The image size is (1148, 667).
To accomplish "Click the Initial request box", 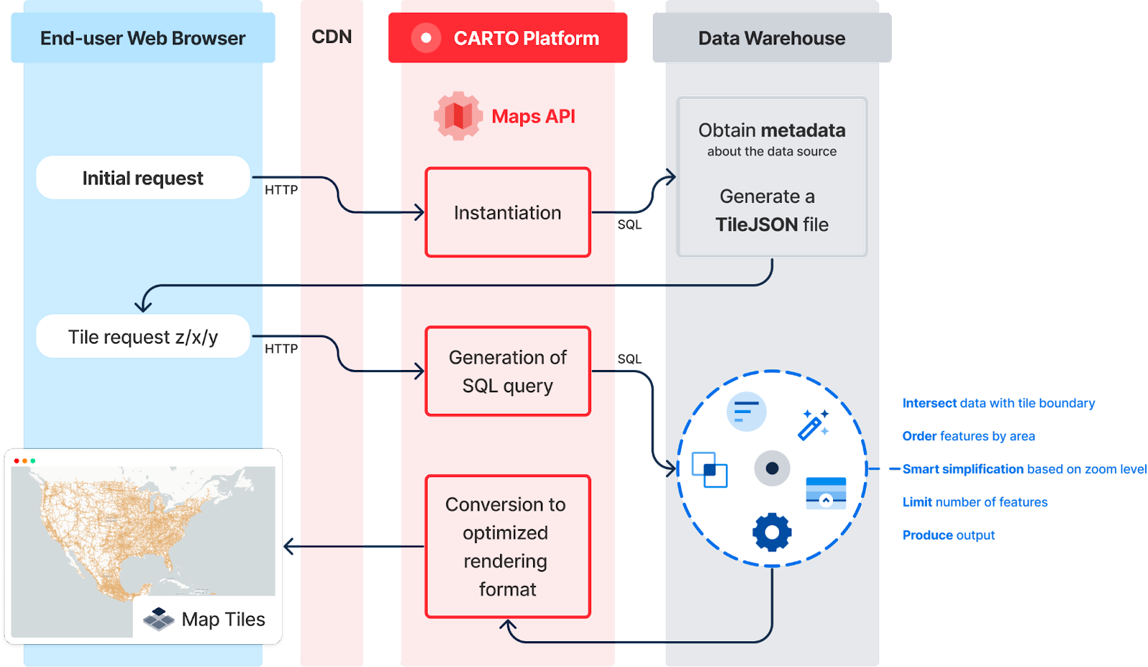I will [x=143, y=178].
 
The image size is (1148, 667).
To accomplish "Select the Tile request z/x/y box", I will [x=143, y=336].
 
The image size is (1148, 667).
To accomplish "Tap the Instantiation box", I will [x=507, y=212].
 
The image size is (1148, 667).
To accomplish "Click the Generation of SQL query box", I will [x=507, y=372].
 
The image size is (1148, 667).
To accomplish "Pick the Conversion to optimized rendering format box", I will [x=507, y=547].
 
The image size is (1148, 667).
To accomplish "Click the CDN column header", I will [x=331, y=37].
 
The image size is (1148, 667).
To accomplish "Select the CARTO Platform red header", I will [x=508, y=38].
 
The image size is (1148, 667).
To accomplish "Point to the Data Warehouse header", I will [x=771, y=38].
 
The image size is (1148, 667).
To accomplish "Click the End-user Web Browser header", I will [x=143, y=38].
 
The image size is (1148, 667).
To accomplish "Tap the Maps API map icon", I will [x=458, y=115].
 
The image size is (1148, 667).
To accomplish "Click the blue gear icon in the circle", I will [x=772, y=532].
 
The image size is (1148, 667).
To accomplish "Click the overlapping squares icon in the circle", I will [x=709, y=470].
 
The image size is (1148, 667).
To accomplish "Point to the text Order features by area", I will [x=969, y=436].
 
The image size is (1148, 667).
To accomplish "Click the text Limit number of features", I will [x=975, y=502].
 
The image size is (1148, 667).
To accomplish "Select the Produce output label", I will [x=949, y=535].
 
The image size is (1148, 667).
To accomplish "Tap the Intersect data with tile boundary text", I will [x=999, y=403].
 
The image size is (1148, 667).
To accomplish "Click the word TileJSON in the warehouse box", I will [x=756, y=224].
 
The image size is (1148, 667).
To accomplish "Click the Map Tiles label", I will [x=223, y=619].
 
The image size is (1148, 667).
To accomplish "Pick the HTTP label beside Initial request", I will [x=281, y=190].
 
